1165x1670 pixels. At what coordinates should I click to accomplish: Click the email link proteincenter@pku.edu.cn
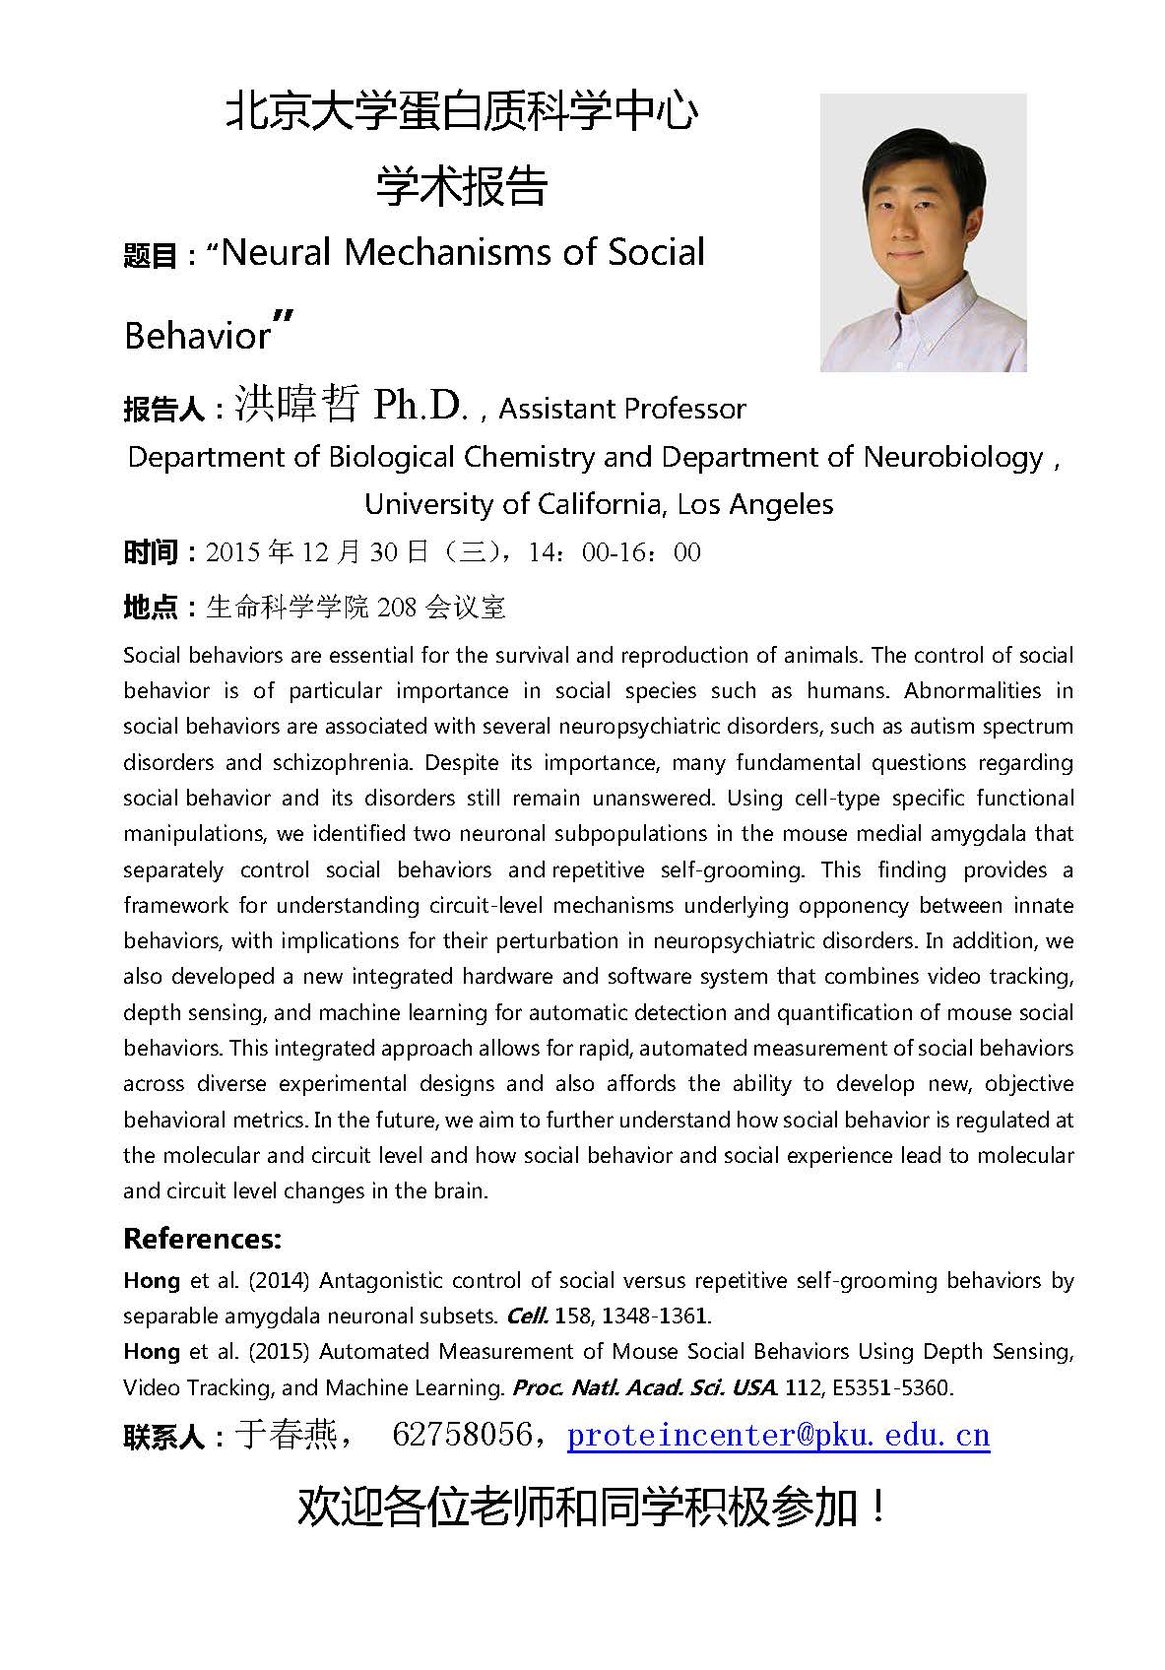point(778,1435)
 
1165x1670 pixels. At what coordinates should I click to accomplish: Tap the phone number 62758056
point(461,1435)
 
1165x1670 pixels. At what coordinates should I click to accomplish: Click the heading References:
point(202,1238)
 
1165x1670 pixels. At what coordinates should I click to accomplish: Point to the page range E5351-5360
point(891,1387)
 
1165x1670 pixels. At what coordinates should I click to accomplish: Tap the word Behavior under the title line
point(197,336)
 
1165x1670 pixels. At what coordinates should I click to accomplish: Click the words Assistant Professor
point(622,409)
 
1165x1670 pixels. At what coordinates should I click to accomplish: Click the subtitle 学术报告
point(462,187)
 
